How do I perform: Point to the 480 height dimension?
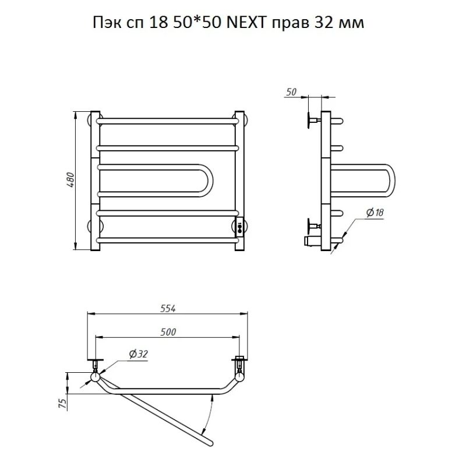[69, 179]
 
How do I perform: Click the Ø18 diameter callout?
[375, 214]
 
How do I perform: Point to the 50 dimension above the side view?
[291, 92]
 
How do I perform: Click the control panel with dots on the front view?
[239, 225]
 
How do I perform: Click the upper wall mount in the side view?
[311, 121]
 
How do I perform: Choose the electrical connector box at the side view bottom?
[311, 240]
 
